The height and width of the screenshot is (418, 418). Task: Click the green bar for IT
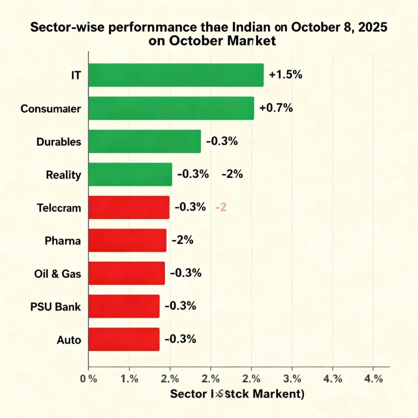176,75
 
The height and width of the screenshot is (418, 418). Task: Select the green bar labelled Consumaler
171,108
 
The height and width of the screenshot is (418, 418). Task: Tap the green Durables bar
145,141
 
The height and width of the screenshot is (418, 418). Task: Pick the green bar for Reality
130,174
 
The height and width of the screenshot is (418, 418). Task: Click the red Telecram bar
129,207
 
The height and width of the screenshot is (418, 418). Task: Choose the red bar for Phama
127,240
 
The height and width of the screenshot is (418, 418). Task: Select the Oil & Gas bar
127,273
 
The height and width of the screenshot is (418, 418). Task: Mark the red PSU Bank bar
124,306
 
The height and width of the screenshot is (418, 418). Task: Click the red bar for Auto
124,339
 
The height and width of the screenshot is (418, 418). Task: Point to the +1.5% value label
285,75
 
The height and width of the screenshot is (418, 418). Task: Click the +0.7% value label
276,108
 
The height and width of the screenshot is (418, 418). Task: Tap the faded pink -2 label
220,207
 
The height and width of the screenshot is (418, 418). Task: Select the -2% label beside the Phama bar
182,240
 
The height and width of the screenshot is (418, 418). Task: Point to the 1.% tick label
129,379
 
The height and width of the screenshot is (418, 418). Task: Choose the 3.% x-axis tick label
292,379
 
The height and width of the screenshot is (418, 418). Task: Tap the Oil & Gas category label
58,273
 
